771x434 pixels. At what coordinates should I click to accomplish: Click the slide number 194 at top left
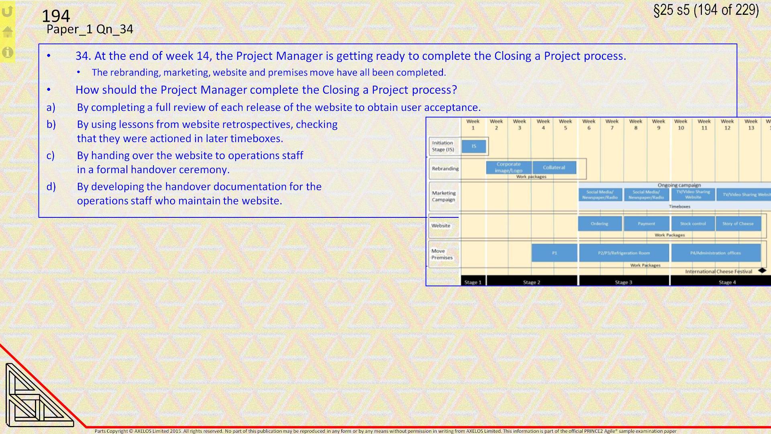(x=56, y=16)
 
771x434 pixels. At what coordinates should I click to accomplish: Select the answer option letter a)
(x=51, y=107)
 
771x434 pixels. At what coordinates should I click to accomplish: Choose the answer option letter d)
(x=51, y=186)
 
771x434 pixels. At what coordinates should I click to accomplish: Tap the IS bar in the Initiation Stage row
(x=474, y=146)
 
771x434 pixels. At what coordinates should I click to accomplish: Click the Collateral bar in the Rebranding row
(x=554, y=168)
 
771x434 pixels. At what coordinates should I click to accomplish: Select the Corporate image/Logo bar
(x=508, y=168)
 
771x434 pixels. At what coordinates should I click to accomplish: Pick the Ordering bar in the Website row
(x=600, y=223)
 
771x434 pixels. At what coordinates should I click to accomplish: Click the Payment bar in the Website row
(x=646, y=223)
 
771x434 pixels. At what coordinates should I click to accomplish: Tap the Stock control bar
(x=693, y=223)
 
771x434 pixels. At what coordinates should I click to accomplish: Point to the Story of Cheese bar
(x=738, y=223)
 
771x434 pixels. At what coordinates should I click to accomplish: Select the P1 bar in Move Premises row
(x=554, y=253)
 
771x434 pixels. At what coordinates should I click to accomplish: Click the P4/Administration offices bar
(x=716, y=253)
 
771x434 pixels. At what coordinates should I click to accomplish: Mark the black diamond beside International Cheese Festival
(x=762, y=270)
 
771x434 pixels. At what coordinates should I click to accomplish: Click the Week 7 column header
(x=612, y=125)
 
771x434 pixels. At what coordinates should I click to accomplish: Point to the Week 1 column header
(x=473, y=125)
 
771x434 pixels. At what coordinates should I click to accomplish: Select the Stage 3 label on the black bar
(x=624, y=282)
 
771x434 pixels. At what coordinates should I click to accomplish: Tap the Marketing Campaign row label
(x=444, y=196)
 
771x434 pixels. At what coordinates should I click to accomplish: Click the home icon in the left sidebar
(x=8, y=32)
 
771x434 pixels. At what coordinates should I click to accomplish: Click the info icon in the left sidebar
(x=8, y=52)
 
